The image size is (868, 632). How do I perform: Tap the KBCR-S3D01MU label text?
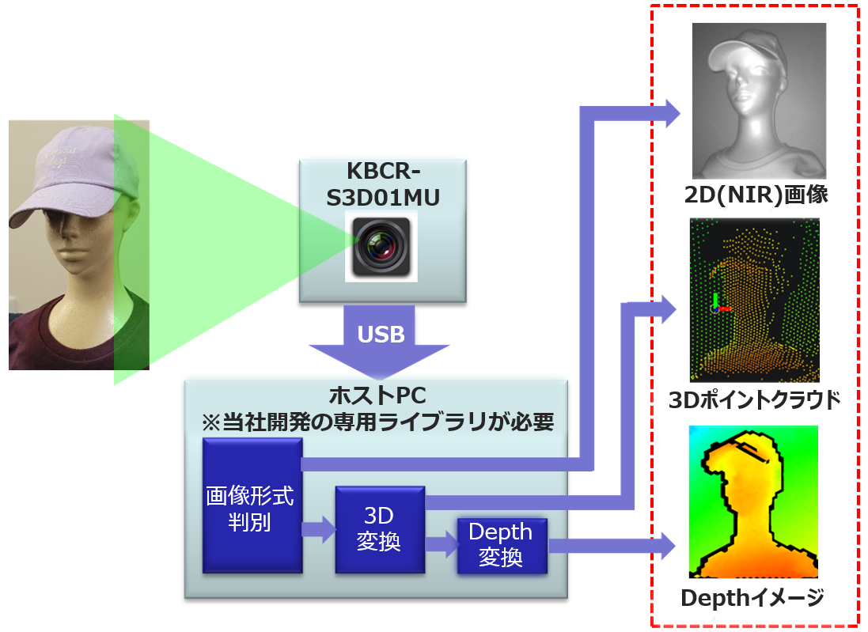(x=382, y=185)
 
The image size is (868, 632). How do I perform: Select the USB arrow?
(x=380, y=339)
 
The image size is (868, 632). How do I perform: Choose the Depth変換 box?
(x=502, y=545)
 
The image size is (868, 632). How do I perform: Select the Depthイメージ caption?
(x=752, y=597)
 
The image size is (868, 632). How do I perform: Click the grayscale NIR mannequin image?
(x=758, y=100)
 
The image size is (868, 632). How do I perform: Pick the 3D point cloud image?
(x=754, y=301)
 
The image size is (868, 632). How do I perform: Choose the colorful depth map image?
(x=753, y=501)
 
